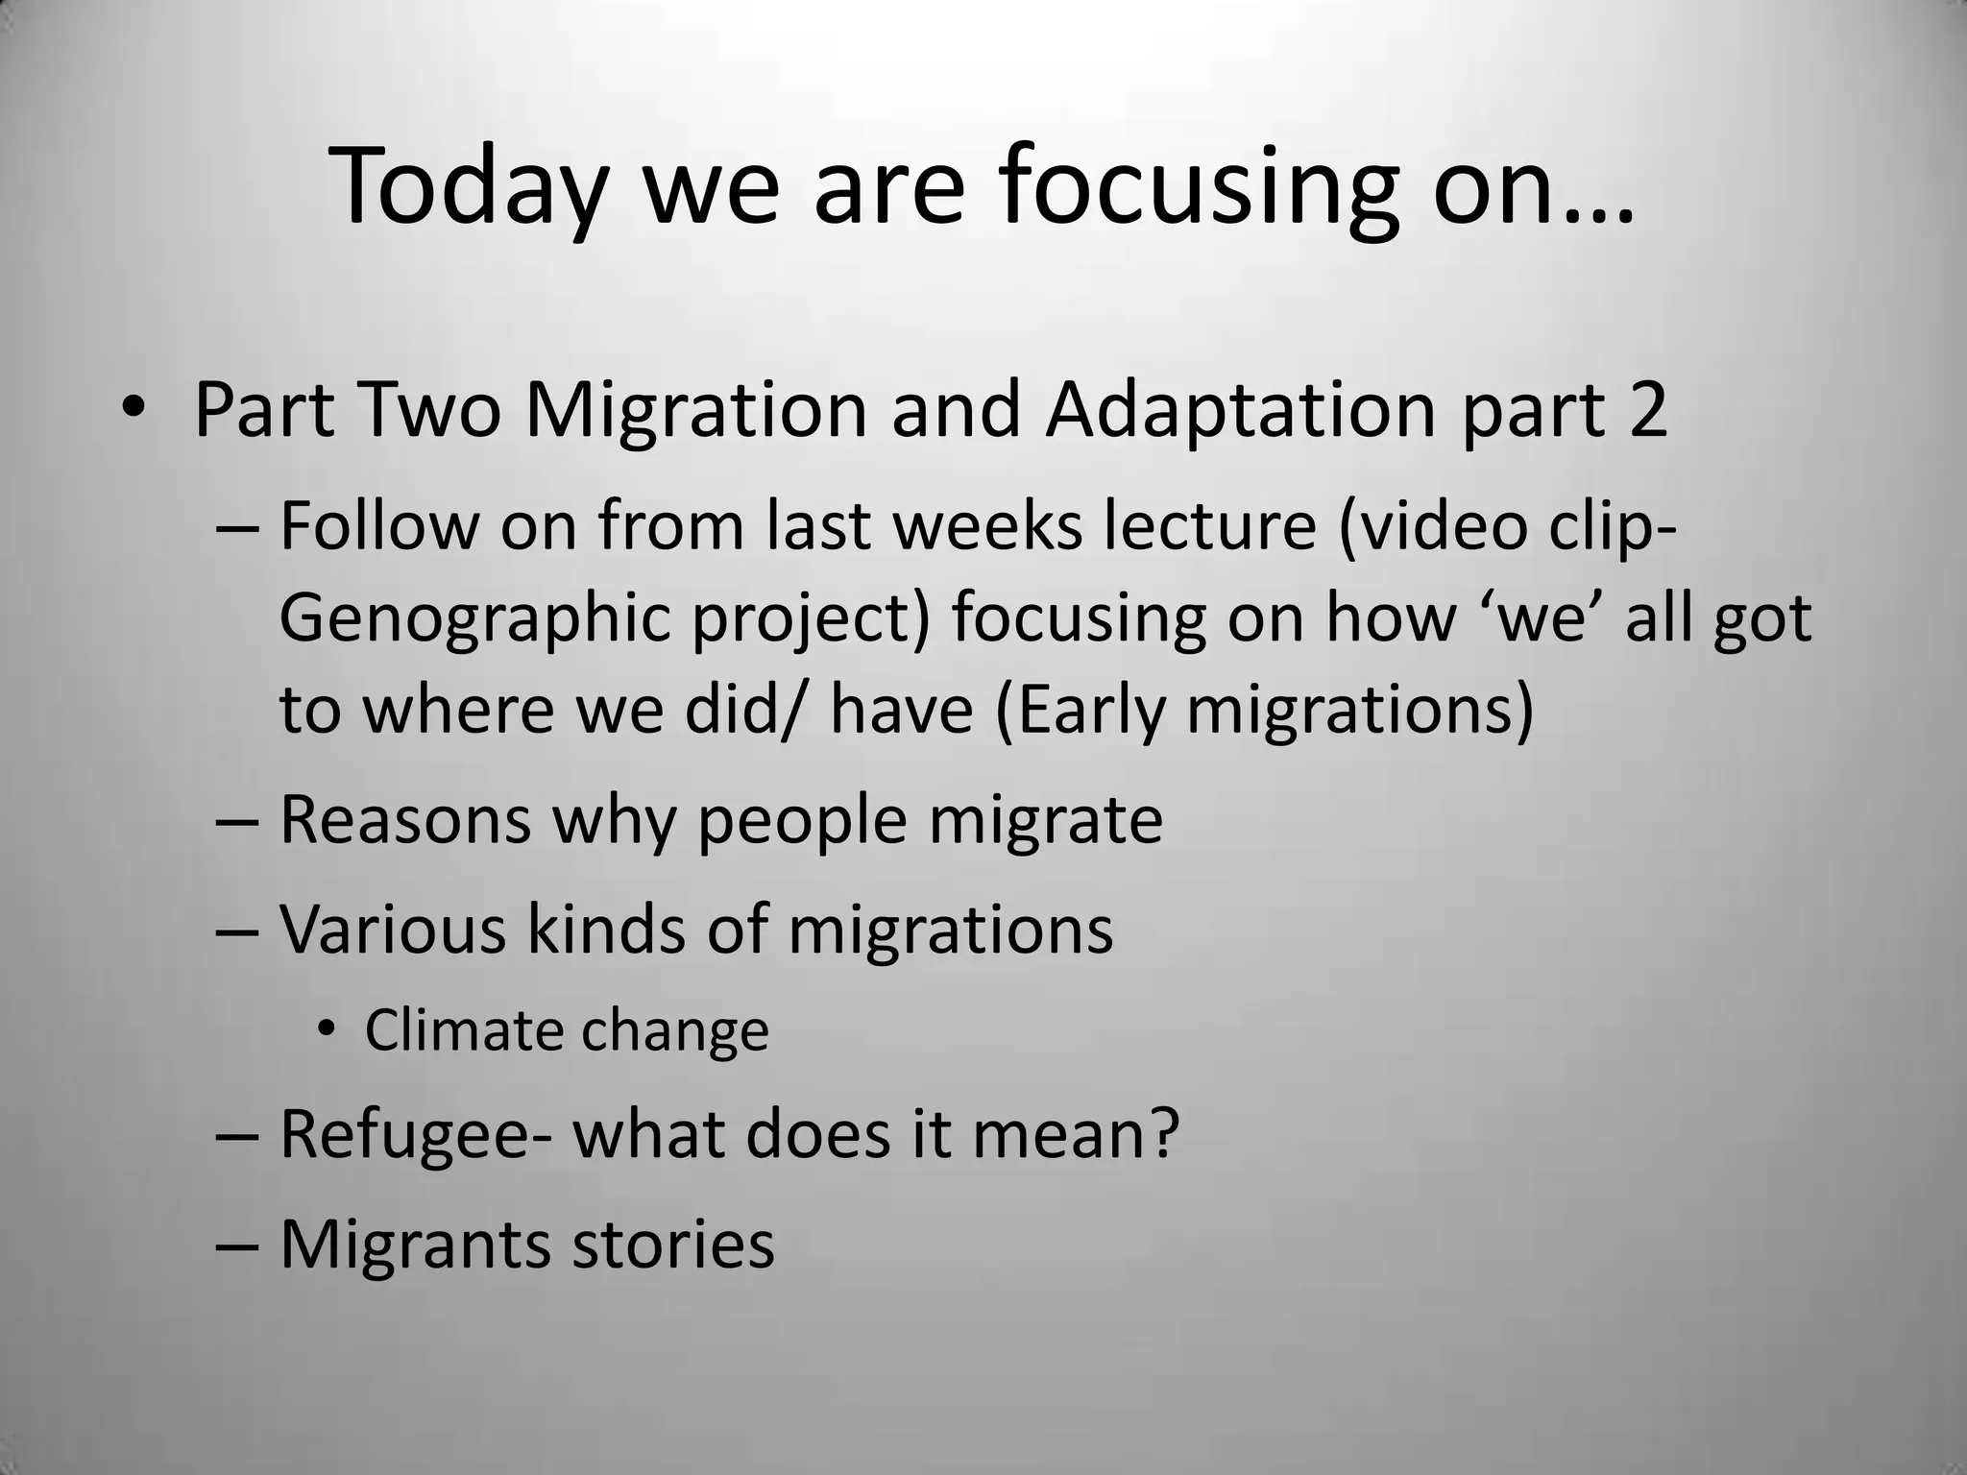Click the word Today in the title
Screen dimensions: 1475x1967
(469, 187)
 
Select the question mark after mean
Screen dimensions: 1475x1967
(1162, 1134)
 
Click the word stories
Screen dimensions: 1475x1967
(672, 1245)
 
